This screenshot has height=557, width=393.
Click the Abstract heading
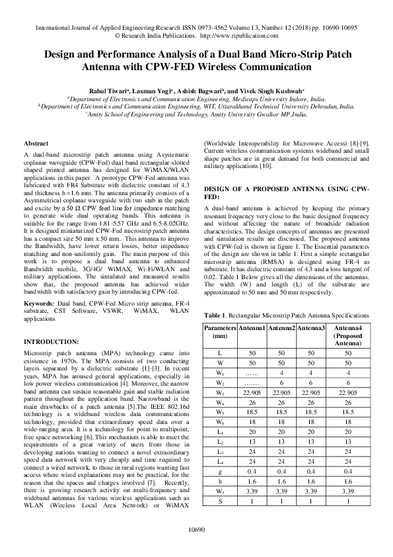pos(35,144)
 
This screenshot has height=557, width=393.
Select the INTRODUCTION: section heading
pos(51,341)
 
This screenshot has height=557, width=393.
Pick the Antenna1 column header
pos(252,328)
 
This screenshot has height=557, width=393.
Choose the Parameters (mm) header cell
pos(219,332)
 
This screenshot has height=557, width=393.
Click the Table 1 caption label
pos(216,315)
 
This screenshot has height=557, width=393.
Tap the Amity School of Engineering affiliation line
pos(196,114)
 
